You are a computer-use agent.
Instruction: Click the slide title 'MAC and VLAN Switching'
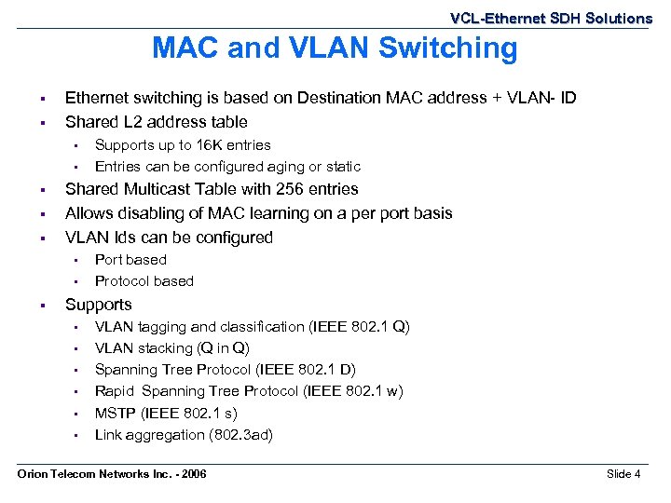(335, 48)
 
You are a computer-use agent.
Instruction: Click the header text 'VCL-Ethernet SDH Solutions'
(551, 18)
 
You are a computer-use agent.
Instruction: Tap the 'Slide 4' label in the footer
(623, 474)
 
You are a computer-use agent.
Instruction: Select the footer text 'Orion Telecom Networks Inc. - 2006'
(113, 474)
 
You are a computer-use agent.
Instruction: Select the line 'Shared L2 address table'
(156, 122)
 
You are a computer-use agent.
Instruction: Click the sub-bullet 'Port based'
(130, 260)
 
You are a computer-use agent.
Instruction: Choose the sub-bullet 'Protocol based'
(144, 281)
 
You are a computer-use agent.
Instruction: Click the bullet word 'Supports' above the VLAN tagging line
(98, 305)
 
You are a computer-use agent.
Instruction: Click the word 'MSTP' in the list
(115, 413)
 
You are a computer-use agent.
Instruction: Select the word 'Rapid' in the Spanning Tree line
(115, 391)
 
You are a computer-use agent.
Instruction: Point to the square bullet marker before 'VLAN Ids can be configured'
(43, 238)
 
